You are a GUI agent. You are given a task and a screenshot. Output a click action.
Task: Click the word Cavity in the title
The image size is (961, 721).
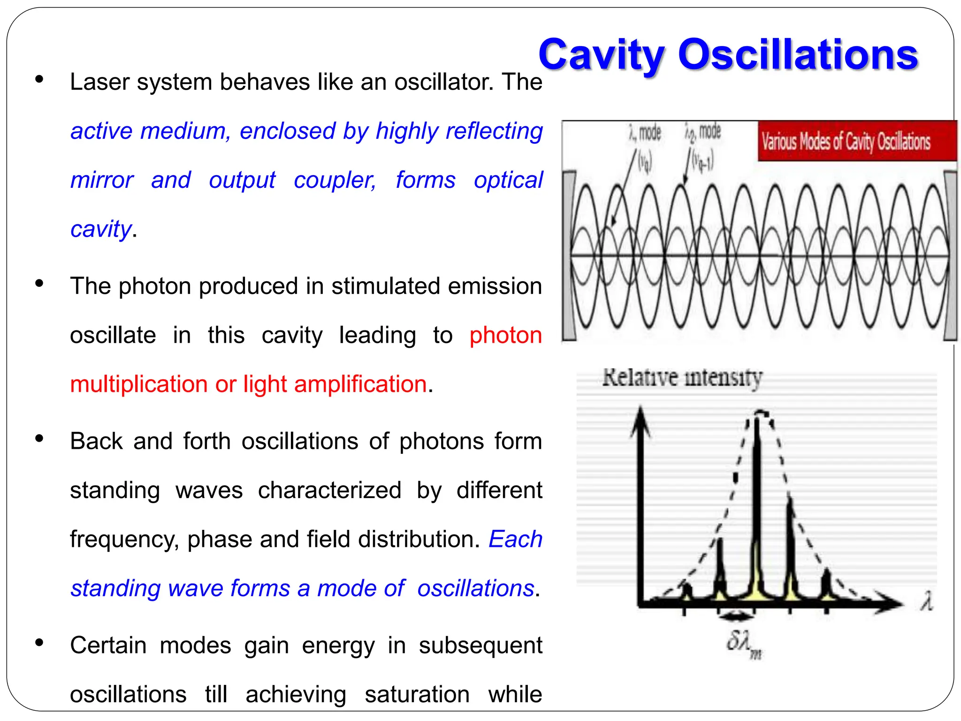pos(601,55)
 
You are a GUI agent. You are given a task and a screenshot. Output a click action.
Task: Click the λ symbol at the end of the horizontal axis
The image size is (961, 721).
pos(926,601)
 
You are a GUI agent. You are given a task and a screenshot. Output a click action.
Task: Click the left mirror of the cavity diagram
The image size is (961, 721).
pos(569,256)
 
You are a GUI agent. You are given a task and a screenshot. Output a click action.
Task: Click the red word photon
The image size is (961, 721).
pos(505,335)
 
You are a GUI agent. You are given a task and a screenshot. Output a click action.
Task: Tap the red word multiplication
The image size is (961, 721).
pos(139,384)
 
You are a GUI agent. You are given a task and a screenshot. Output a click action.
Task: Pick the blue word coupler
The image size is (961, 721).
pos(335,180)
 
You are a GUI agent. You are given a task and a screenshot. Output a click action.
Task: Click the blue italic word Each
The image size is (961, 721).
pos(515,539)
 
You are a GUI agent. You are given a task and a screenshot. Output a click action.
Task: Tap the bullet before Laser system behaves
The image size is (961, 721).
pos(39,79)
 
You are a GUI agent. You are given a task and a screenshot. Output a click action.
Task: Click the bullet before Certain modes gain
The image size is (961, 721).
pos(39,643)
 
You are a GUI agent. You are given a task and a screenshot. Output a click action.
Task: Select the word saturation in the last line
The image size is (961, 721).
pos(417,694)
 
